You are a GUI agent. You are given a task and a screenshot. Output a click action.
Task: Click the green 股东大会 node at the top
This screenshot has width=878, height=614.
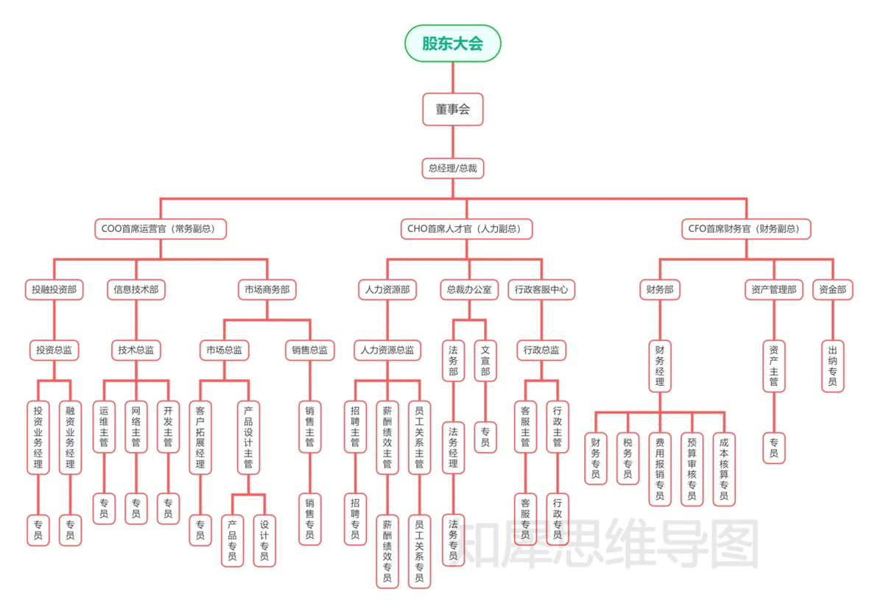452,43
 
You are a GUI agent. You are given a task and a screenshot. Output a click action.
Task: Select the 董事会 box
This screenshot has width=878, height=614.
452,110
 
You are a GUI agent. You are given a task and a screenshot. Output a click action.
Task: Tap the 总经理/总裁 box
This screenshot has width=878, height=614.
452,169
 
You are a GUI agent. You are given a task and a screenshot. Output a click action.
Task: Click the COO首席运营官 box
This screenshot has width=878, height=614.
161,229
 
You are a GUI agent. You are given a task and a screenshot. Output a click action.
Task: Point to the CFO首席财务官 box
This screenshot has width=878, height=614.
746,229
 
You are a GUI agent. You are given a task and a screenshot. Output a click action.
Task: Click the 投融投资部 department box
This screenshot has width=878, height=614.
54,290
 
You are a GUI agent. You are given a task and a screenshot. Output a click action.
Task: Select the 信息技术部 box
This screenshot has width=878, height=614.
136,290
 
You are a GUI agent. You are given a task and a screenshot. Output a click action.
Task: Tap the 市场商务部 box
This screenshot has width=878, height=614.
267,290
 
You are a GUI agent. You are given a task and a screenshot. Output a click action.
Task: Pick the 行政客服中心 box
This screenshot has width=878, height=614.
541,290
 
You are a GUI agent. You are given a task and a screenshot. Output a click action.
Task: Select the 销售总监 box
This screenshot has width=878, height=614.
309,350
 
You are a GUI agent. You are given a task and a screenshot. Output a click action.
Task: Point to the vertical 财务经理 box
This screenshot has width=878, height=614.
659,366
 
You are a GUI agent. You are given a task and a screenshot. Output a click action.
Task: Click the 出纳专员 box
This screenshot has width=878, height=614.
833,366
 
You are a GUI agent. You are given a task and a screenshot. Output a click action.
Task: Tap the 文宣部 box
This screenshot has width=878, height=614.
485,361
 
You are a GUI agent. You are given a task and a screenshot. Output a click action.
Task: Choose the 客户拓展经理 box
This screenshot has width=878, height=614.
200,437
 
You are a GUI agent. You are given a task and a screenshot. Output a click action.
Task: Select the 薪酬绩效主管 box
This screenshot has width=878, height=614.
387,437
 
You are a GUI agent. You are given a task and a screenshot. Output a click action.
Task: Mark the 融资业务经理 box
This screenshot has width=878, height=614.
70,437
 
